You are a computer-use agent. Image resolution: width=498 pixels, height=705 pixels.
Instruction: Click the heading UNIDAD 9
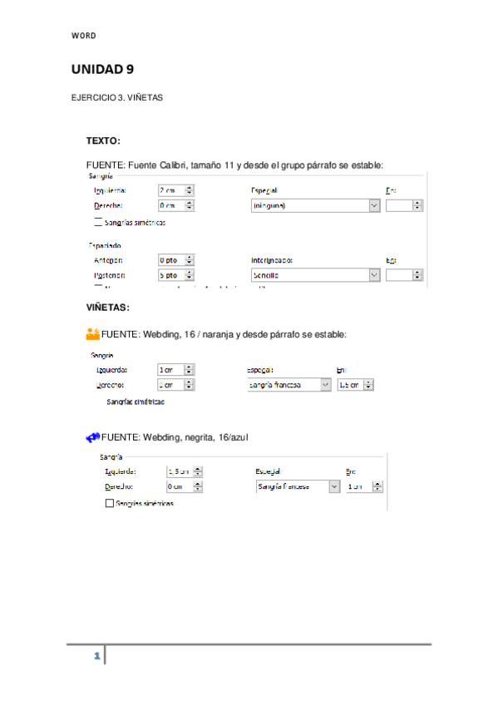point(103,69)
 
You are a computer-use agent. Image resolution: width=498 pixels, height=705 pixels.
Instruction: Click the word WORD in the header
point(83,36)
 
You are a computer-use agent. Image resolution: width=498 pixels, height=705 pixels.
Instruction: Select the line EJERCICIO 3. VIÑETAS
point(116,97)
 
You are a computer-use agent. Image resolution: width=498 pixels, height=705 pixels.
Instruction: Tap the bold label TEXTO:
point(103,141)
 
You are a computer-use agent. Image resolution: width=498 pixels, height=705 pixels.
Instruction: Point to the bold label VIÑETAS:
point(107,308)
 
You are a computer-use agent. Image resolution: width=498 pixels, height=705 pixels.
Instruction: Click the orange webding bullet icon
point(92,333)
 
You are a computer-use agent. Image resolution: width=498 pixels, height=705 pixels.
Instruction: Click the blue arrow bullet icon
point(92,436)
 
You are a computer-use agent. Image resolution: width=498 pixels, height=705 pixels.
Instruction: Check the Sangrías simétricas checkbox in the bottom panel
point(109,503)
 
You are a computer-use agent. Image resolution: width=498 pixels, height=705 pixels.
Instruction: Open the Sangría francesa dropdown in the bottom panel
point(298,486)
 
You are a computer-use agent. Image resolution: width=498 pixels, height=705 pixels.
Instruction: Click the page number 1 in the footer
point(96,657)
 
